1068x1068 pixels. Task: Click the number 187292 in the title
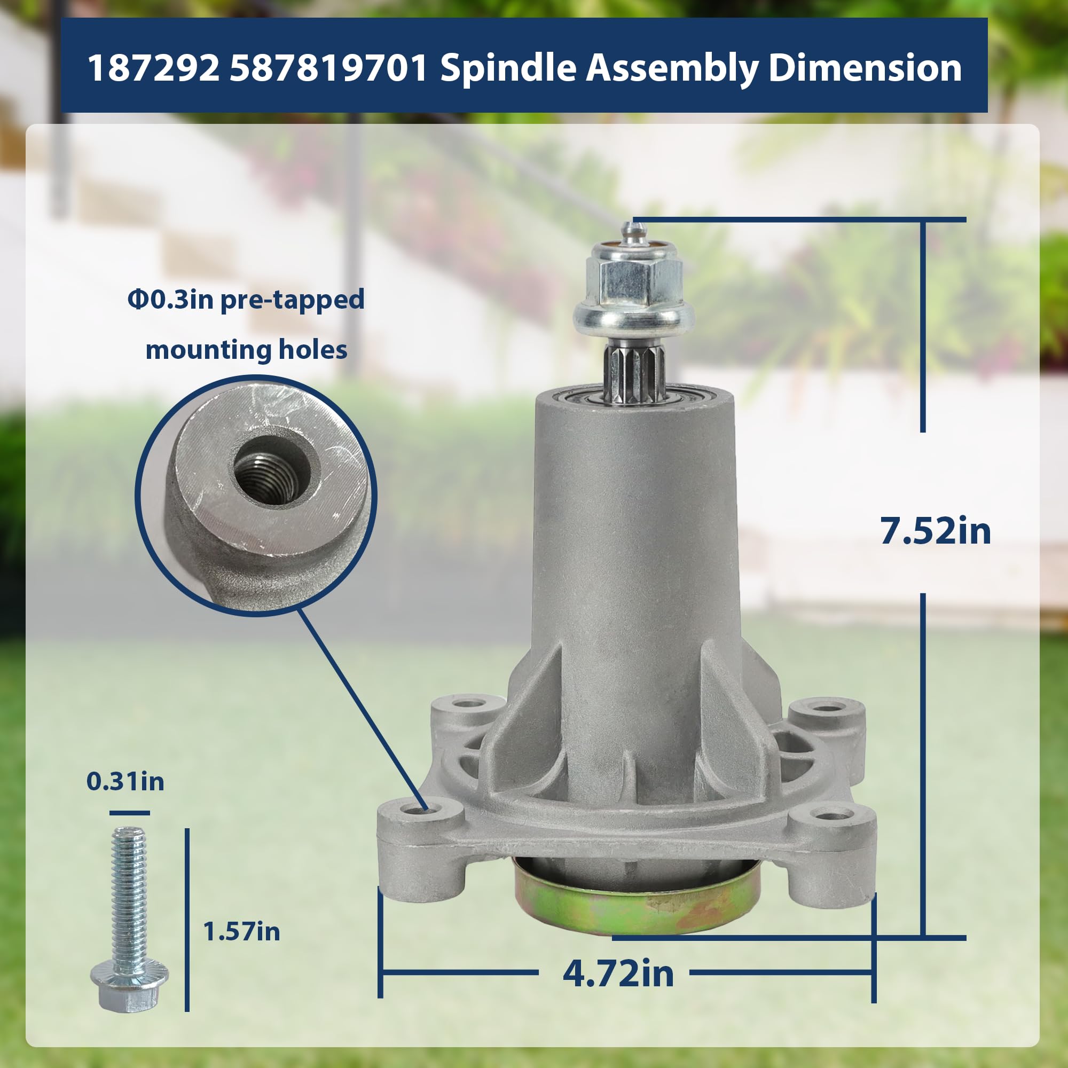tap(153, 68)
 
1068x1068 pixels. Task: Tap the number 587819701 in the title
tap(329, 68)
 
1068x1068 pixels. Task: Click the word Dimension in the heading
tap(865, 68)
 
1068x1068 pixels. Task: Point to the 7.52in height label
tap(935, 531)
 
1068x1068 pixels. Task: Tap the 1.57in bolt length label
tap(241, 931)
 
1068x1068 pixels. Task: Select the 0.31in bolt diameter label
tap(125, 781)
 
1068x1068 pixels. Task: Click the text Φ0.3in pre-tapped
tap(246, 300)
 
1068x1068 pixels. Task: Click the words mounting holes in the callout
tap(247, 350)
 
